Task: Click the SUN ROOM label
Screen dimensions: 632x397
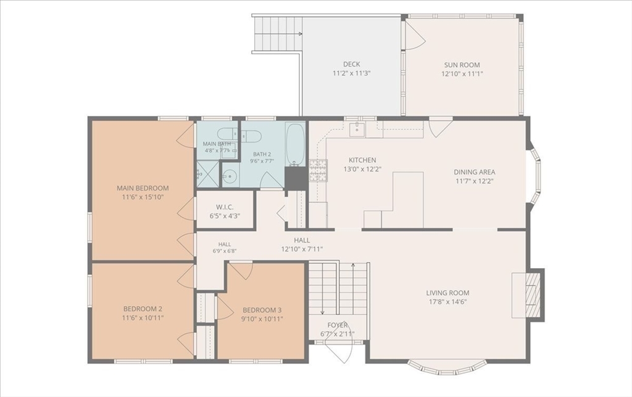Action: [462, 65]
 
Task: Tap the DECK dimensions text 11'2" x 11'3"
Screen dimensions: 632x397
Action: [351, 73]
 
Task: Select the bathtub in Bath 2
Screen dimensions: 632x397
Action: [296, 144]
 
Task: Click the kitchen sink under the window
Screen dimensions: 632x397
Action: [357, 129]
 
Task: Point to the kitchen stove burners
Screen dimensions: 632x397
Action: [319, 170]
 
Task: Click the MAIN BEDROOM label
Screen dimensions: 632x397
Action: [143, 188]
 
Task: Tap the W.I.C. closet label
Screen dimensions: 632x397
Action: [225, 207]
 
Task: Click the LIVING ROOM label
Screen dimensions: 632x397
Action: [448, 293]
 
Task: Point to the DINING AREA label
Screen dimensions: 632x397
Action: [475, 172]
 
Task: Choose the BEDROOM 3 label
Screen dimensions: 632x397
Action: [262, 310]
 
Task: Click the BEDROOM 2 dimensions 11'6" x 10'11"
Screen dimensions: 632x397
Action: [143, 318]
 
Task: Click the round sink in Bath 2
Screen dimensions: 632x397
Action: [230, 176]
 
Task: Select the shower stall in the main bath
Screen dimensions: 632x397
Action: [207, 174]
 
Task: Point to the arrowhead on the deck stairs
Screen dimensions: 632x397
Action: [301, 35]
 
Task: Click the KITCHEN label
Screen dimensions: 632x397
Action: [362, 160]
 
